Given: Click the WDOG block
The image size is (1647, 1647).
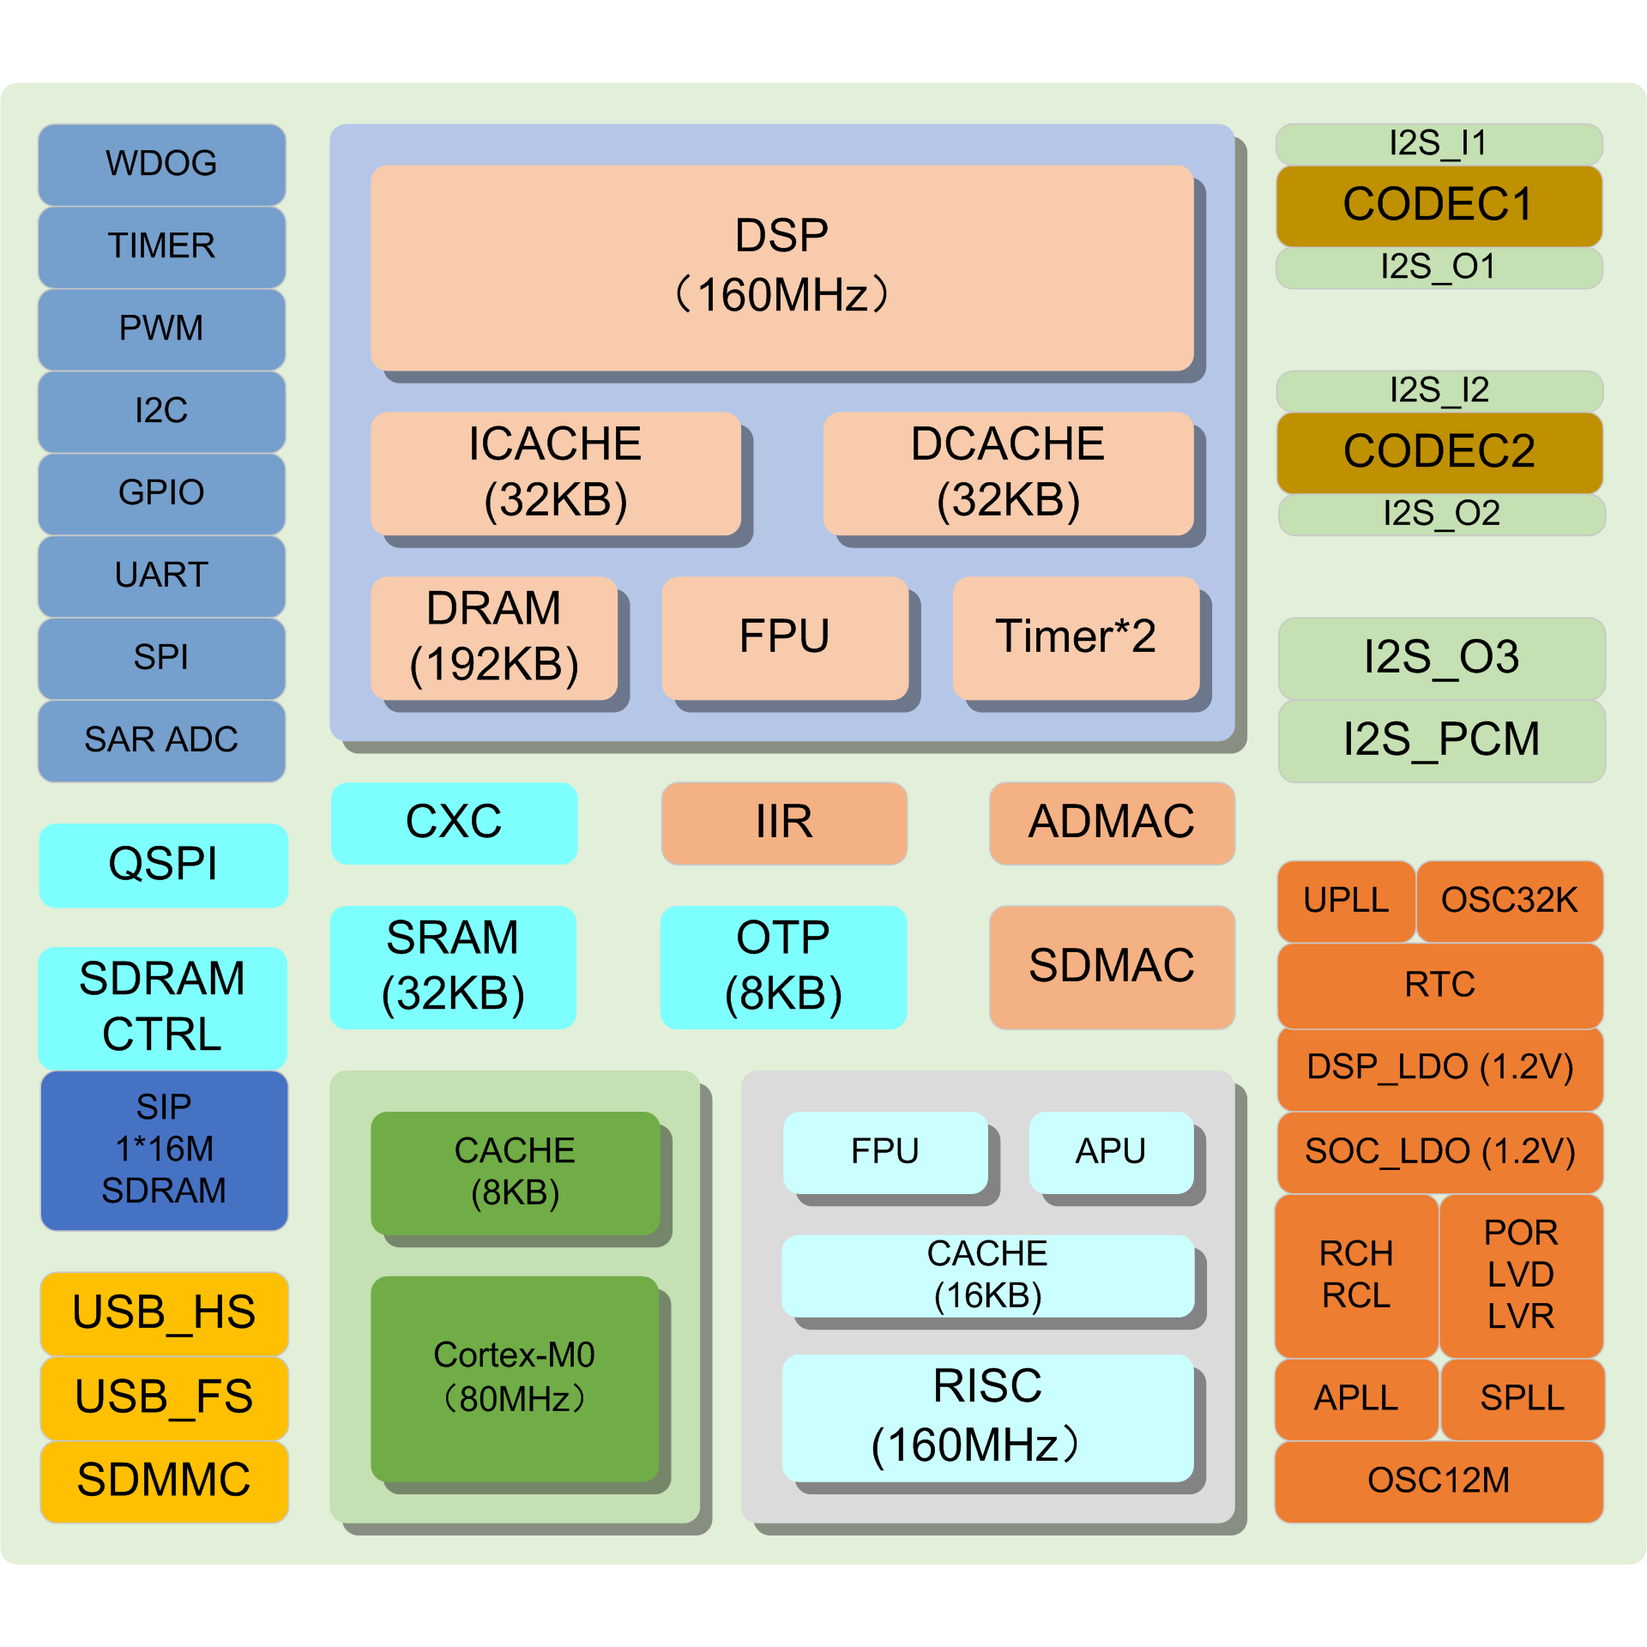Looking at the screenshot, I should (x=161, y=164).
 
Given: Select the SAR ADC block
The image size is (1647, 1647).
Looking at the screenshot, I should (x=161, y=740).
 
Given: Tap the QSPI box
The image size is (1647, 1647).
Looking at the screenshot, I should (x=163, y=865).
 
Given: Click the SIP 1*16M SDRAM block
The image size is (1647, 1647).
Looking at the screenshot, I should (x=164, y=1149).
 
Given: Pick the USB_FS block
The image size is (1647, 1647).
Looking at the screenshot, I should (x=164, y=1397).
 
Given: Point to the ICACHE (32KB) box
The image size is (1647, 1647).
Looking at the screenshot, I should (x=555, y=473).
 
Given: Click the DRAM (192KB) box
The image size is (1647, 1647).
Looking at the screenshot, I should (x=493, y=637).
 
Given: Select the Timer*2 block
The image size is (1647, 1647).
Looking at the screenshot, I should (x=1076, y=637).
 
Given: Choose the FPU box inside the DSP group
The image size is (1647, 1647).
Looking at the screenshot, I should (x=784, y=637).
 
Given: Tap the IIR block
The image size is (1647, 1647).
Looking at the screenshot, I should (x=784, y=823).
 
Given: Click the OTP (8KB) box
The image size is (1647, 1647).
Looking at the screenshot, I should (x=783, y=967).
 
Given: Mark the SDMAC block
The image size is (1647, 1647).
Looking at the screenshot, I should (x=1112, y=967).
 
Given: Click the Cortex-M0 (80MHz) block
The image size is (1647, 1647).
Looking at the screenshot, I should (x=514, y=1378).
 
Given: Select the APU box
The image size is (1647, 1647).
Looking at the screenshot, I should (x=1111, y=1152).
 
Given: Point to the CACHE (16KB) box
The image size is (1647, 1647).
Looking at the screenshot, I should (x=987, y=1276).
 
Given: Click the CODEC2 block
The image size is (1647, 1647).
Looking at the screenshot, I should (x=1439, y=452).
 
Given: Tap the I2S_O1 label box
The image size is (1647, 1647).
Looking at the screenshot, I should (x=1439, y=268).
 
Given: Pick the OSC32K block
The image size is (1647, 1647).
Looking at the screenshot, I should (x=1509, y=901).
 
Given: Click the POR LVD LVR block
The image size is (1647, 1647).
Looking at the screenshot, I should (x=1521, y=1275).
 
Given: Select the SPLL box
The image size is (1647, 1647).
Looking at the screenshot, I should (x=1522, y=1399).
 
